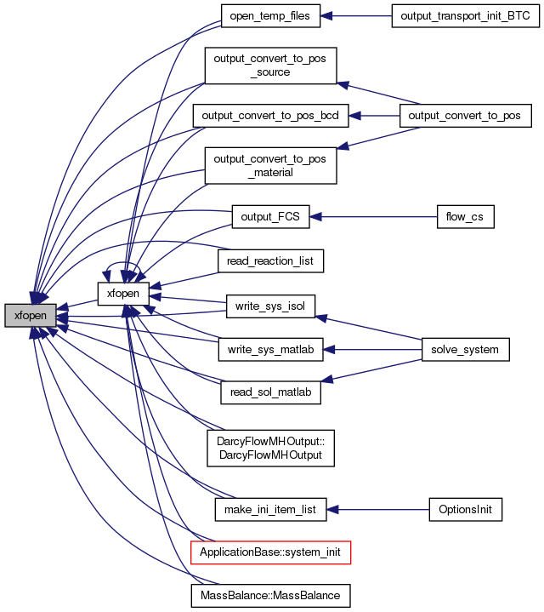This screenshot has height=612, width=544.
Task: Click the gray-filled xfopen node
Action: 31,316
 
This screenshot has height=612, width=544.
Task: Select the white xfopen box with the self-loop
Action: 123,294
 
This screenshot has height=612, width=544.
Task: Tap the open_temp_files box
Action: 270,16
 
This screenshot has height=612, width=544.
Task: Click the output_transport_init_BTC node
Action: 465,16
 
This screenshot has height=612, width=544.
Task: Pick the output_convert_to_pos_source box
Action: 270,66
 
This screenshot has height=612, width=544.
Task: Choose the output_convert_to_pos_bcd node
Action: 270,116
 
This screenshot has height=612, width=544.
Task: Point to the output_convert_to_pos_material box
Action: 270,165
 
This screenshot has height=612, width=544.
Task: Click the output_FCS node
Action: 270,216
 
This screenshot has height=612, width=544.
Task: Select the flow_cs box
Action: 465,216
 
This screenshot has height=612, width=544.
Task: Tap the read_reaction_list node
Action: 270,260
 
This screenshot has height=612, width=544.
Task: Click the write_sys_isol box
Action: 270,306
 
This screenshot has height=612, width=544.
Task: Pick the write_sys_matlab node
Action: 270,350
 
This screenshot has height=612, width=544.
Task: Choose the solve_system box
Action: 465,350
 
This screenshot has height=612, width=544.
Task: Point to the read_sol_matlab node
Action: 270,392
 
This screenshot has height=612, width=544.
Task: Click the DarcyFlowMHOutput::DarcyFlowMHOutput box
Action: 270,448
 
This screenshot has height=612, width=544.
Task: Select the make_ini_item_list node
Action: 270,509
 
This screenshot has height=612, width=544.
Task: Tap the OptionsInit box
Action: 465,509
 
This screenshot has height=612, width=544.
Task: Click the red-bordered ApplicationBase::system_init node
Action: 270,552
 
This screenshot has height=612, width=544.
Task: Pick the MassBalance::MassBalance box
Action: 270,596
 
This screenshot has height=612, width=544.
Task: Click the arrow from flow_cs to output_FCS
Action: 373,216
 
